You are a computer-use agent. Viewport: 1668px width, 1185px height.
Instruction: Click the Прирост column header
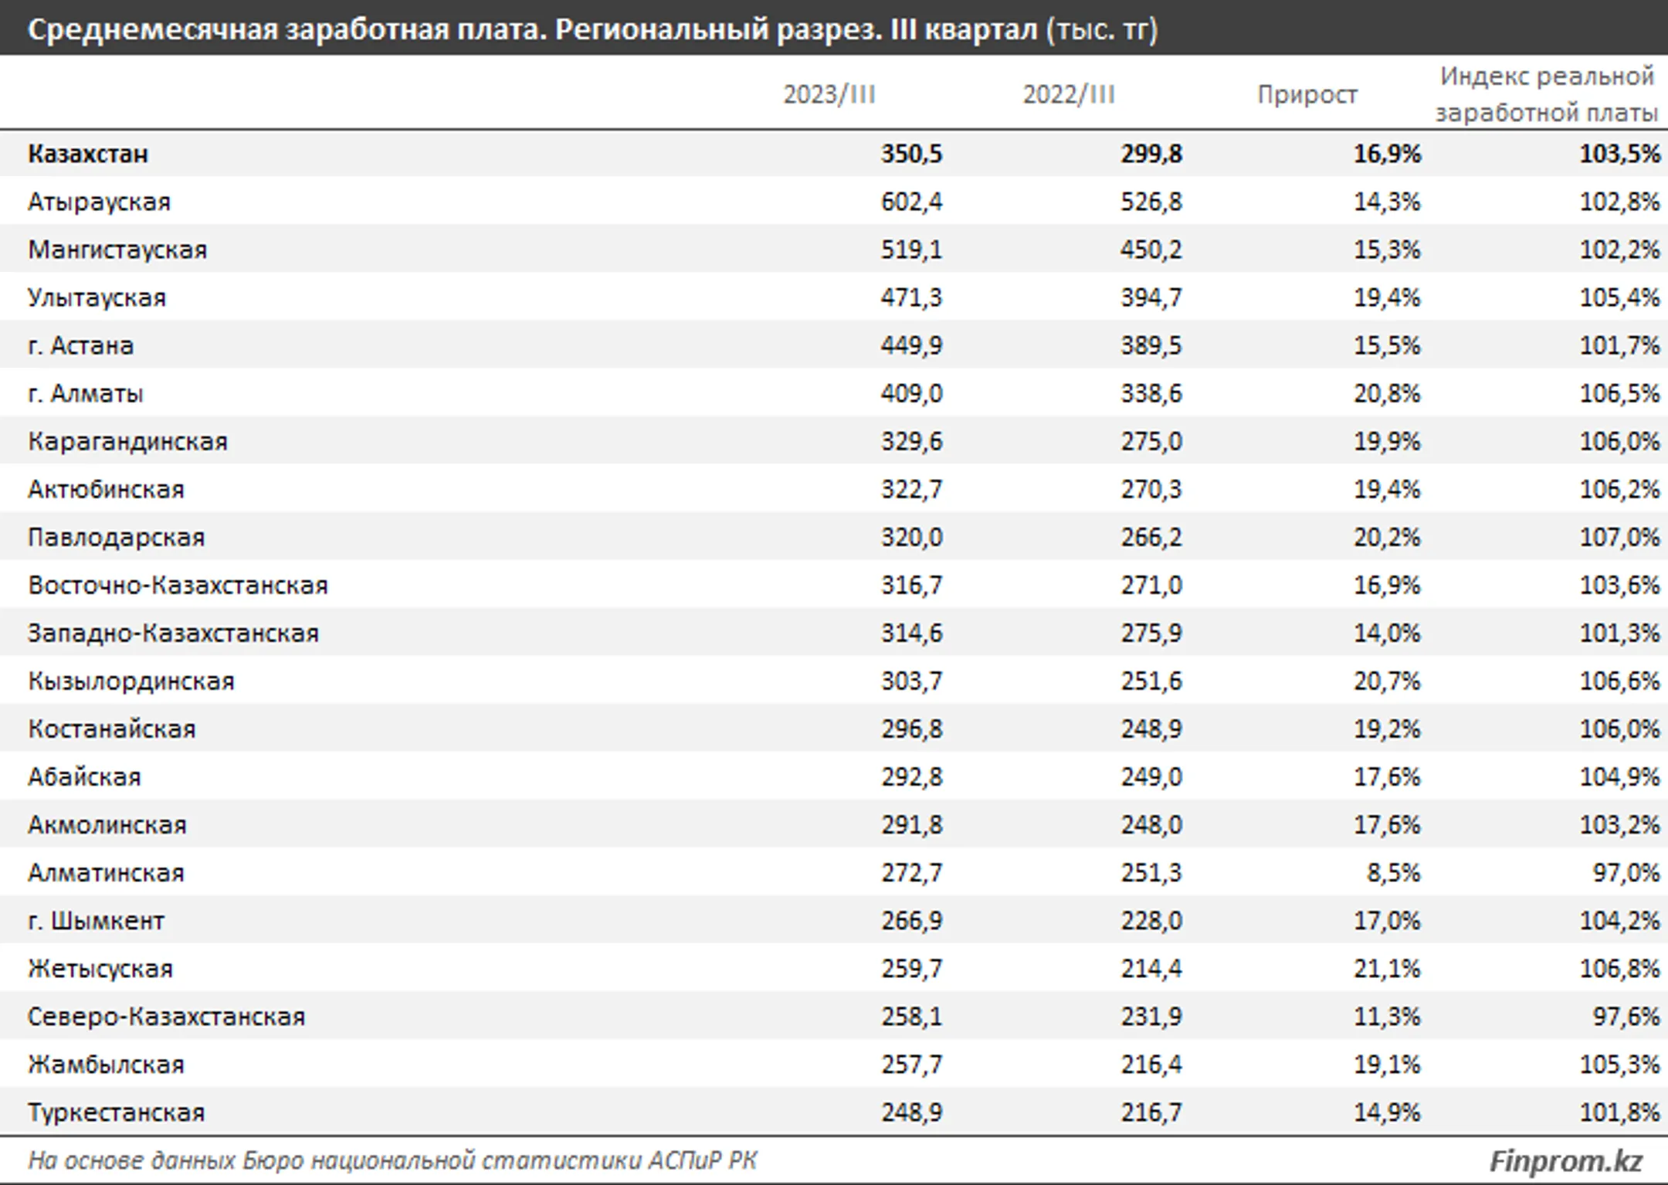tap(1307, 94)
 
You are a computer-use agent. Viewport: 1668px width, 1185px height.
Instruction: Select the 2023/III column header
tap(829, 94)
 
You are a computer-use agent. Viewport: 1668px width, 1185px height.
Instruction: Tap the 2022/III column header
tap(1070, 94)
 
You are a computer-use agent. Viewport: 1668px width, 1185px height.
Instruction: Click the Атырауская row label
tap(99, 202)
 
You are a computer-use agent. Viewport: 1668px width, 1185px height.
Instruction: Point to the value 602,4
tap(912, 202)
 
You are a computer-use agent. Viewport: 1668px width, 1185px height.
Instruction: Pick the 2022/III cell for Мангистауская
tap(1151, 250)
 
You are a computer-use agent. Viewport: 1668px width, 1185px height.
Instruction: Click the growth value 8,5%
tap(1393, 873)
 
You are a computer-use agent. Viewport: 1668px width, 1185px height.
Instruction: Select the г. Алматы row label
tap(86, 394)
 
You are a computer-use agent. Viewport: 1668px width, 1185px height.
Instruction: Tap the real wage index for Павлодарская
tap(1620, 538)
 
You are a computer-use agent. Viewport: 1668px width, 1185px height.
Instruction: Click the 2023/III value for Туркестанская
tap(912, 1112)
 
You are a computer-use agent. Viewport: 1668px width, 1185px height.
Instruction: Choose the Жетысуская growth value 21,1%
tap(1387, 969)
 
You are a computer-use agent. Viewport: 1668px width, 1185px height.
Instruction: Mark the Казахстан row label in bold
tap(88, 154)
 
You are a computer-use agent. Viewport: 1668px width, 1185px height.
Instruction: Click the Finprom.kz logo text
tap(1566, 1161)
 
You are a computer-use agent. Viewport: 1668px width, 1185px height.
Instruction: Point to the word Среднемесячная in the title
tap(152, 30)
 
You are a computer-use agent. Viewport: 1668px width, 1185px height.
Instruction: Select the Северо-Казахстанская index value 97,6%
tap(1626, 1017)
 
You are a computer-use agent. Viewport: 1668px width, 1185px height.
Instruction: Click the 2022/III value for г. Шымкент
tap(1151, 921)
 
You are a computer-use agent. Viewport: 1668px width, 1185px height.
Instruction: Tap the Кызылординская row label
tap(131, 681)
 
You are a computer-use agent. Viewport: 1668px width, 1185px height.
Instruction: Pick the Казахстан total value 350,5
tap(912, 154)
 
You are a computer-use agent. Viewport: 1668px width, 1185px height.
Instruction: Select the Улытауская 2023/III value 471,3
tap(912, 298)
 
